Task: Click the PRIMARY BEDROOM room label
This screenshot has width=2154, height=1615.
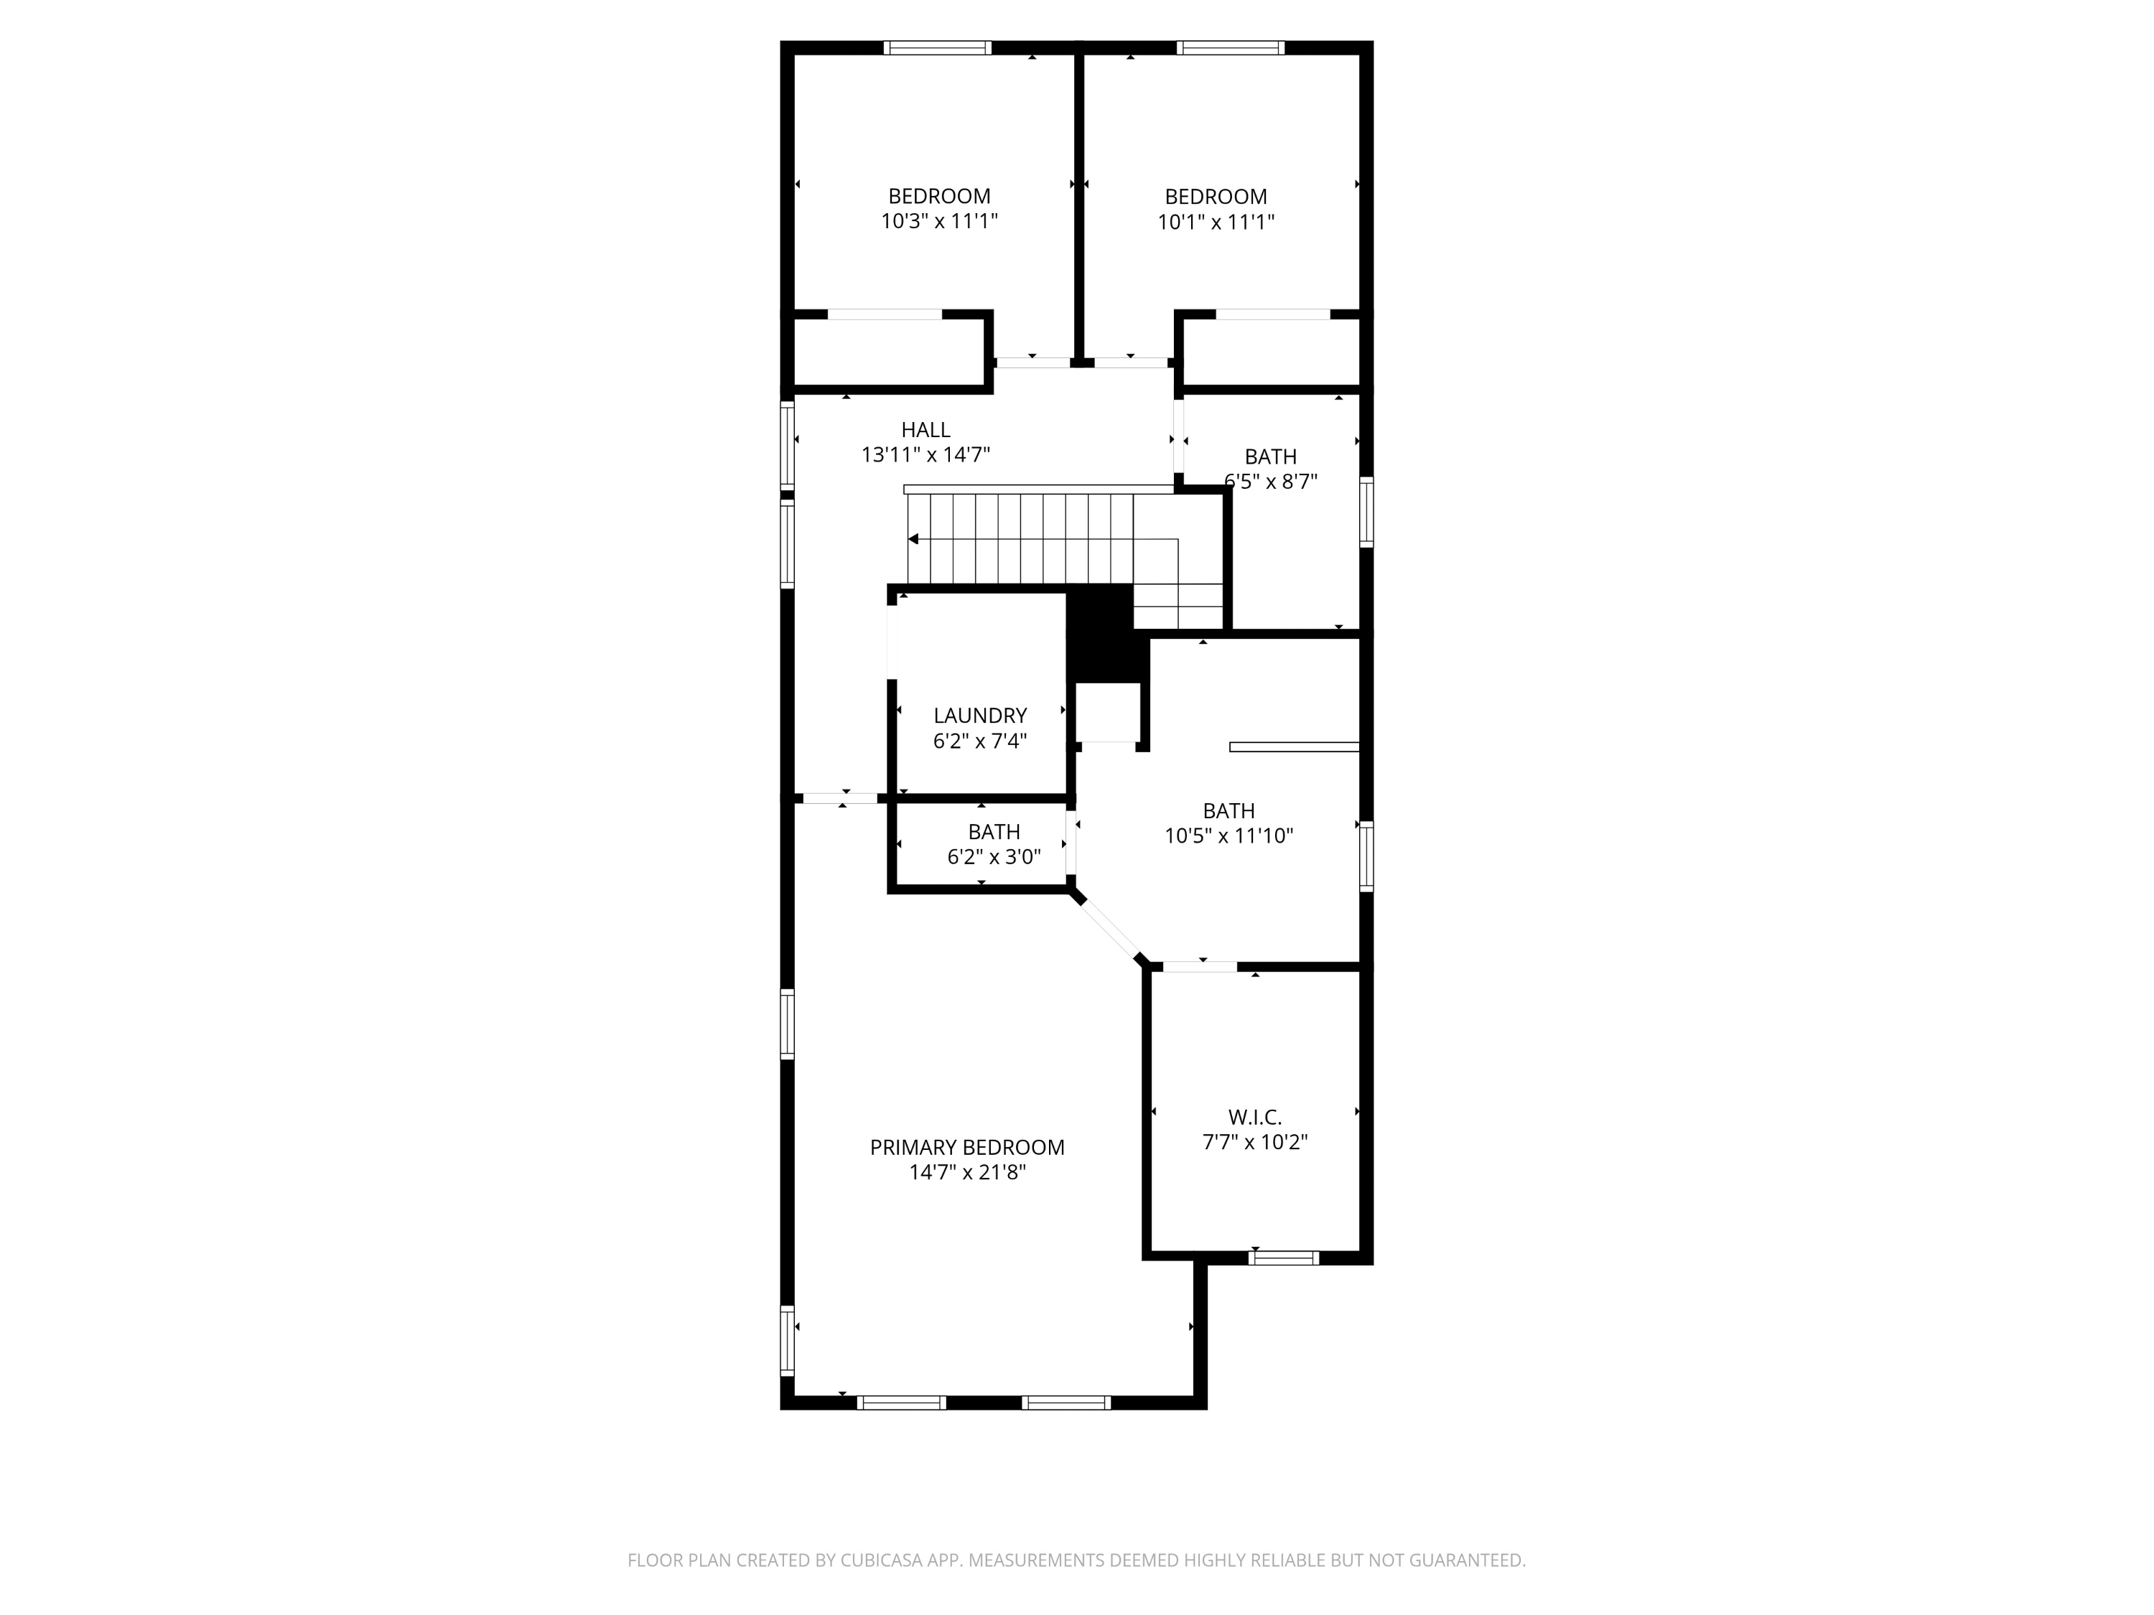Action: pyautogui.click(x=967, y=1148)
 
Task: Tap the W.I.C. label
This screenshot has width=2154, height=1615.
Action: pyautogui.click(x=1254, y=1118)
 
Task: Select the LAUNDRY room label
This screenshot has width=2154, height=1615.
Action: pyautogui.click(x=979, y=716)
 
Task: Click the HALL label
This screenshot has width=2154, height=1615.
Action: pyautogui.click(x=925, y=429)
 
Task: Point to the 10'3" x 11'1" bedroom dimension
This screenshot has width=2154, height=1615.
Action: pyautogui.click(x=940, y=222)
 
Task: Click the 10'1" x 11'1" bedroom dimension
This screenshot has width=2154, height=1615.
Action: pyautogui.click(x=1216, y=222)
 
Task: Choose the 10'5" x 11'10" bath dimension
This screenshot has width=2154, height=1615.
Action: pyautogui.click(x=1229, y=836)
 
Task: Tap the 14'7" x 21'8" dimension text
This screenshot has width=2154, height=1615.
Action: pyautogui.click(x=967, y=1173)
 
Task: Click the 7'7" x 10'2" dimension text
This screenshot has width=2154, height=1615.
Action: pyautogui.click(x=1254, y=1143)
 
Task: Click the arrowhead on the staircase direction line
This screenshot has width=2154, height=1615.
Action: pyautogui.click(x=913, y=539)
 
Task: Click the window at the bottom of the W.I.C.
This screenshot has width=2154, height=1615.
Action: pyautogui.click(x=1284, y=1258)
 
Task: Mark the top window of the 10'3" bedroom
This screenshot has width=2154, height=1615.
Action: pyautogui.click(x=938, y=47)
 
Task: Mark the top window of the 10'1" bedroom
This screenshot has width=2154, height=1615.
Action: pyautogui.click(x=1231, y=47)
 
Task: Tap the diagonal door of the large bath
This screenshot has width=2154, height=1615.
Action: pyautogui.click(x=1108, y=927)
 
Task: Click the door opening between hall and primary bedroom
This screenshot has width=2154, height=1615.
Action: pyautogui.click(x=840, y=798)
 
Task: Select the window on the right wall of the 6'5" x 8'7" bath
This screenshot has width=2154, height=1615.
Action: pyautogui.click(x=1366, y=512)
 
